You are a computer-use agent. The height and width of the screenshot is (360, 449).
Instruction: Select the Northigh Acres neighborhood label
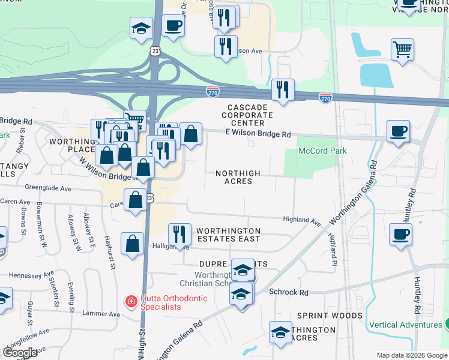[x=238, y=177]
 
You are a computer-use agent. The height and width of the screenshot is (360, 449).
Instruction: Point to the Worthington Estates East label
[x=228, y=235]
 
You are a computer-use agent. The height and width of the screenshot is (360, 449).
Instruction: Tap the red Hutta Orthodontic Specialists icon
[x=129, y=301]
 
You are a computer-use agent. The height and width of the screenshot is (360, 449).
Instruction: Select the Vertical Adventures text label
[x=405, y=325]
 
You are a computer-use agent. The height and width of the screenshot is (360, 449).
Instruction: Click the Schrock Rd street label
[x=289, y=292]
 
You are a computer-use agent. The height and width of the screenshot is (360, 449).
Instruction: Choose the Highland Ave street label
[x=303, y=221]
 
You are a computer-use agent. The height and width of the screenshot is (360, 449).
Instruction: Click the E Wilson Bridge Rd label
[x=258, y=134]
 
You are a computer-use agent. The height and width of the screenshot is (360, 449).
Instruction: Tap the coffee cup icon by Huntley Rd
[x=400, y=234]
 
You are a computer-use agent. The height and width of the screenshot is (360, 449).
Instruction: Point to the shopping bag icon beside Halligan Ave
[x=132, y=243]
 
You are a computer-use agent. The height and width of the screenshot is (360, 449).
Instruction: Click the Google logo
[x=20, y=353]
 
